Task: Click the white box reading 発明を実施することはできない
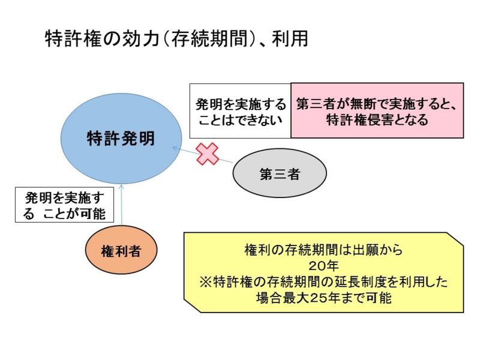[239, 111]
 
